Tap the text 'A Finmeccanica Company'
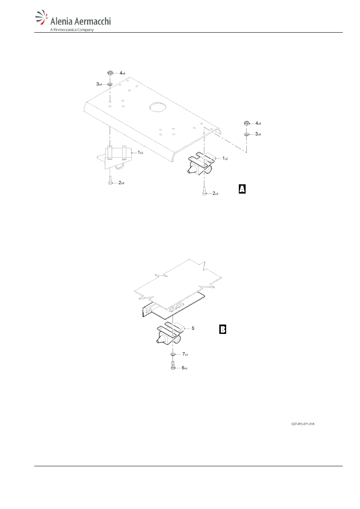coord(72,30)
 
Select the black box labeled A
coord(242,189)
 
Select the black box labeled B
coord(223,329)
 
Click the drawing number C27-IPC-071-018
coord(303,424)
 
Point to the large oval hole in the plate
coord(158,107)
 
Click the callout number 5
coord(193,328)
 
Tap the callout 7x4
coord(185,354)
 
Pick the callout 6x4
coord(185,368)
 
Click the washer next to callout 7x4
coord(173,354)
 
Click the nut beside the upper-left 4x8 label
coord(110,73)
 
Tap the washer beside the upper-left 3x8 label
coord(110,84)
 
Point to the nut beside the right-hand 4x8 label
coord(247,123)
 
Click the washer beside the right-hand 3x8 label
coord(247,134)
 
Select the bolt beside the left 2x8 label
coord(110,181)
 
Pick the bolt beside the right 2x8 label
coord(204,191)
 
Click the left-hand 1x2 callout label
coord(140,152)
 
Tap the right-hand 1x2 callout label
coord(225,158)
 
